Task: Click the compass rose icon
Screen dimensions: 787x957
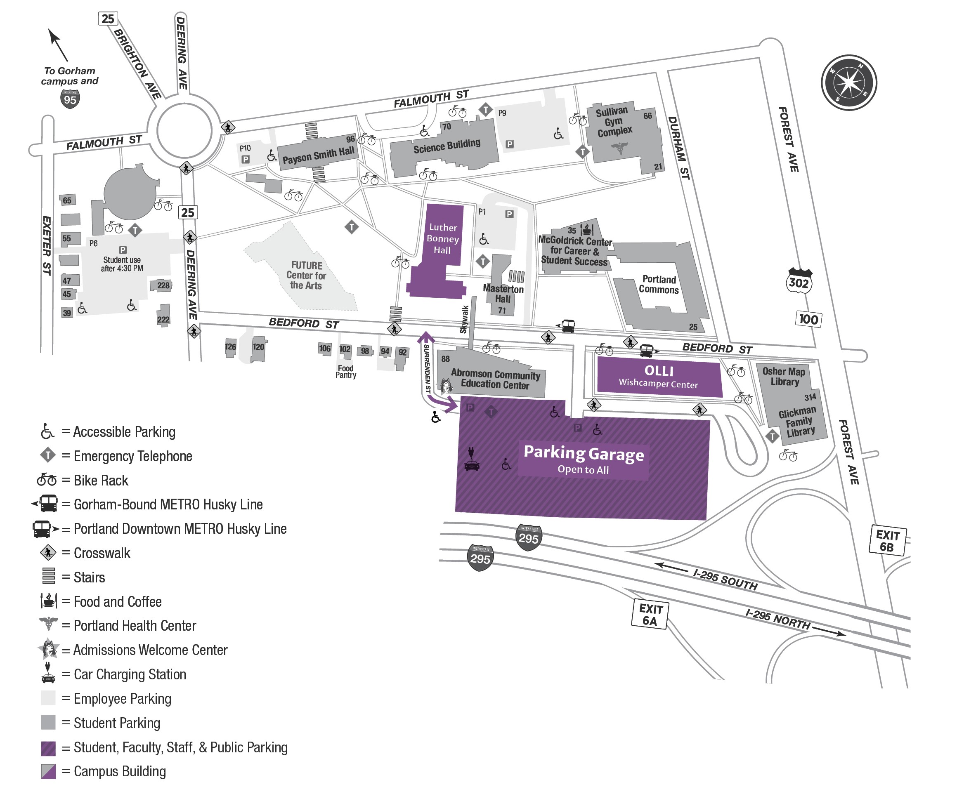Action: (x=848, y=82)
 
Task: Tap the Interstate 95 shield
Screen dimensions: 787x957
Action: (x=70, y=99)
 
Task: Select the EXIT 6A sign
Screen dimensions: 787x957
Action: (x=650, y=615)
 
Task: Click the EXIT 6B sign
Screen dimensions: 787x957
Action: (x=887, y=540)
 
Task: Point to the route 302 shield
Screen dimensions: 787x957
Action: (x=799, y=282)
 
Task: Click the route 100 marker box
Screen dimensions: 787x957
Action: (x=808, y=319)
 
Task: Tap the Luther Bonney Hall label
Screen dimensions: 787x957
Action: (x=443, y=238)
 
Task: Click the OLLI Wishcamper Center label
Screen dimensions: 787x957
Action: (x=659, y=376)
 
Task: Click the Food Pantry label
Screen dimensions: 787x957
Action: (x=345, y=372)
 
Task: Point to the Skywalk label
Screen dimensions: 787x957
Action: (x=464, y=319)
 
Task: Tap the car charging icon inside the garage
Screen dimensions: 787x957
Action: (x=472, y=459)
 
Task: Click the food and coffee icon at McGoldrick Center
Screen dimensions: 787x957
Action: (x=587, y=229)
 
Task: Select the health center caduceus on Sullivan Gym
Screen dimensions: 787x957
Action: (x=619, y=148)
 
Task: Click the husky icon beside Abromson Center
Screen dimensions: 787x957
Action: (x=446, y=385)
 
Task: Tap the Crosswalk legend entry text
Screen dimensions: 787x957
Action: (x=102, y=553)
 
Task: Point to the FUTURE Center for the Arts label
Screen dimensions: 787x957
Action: (x=307, y=275)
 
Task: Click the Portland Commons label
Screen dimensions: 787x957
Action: (x=659, y=285)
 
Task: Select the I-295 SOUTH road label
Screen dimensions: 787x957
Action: (x=725, y=580)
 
